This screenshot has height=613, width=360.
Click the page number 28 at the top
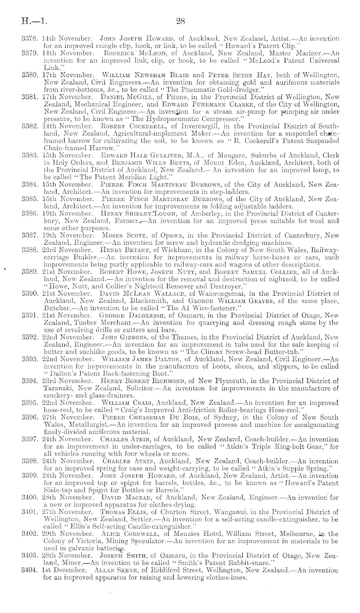point(180,21)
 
